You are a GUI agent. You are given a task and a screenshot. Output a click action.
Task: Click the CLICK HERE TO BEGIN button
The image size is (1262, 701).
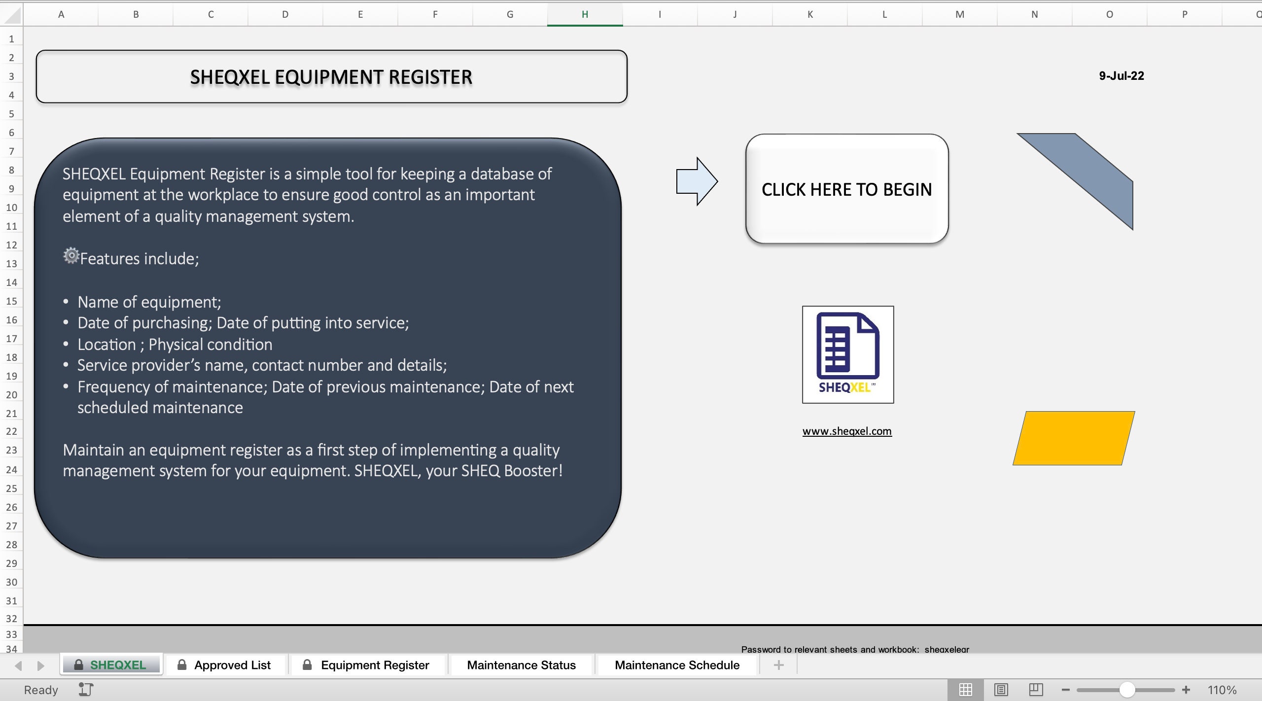pos(846,189)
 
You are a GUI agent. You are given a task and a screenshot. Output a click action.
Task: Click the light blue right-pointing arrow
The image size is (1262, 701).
pos(696,181)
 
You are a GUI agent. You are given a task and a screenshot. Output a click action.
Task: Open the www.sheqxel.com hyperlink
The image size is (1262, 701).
pos(846,431)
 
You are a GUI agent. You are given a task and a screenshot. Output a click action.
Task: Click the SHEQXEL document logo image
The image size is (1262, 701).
pos(847,354)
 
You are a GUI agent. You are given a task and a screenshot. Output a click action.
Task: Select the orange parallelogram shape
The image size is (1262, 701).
pos(1073,438)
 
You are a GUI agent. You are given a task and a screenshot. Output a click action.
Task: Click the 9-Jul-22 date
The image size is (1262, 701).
pos(1121,76)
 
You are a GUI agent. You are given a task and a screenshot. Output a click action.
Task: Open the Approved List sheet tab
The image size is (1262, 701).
pos(232,665)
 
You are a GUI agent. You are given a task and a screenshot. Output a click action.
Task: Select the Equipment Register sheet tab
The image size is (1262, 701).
pos(374,665)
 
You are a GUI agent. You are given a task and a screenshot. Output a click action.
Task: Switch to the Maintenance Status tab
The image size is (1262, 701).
pos(521,665)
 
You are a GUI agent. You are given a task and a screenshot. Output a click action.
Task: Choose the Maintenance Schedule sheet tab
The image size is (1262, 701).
pos(676,665)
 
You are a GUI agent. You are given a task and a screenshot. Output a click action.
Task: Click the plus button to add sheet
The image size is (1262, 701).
pos(778,665)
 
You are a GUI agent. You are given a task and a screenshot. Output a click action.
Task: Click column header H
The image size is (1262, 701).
pos(585,14)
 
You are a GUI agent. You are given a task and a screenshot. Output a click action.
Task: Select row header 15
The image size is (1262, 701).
pos(11,301)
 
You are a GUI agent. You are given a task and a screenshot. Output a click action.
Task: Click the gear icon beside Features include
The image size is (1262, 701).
pos(71,255)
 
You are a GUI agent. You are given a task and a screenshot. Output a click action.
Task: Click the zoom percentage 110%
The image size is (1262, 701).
pos(1222,690)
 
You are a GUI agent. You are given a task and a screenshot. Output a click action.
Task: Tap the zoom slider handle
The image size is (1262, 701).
pos(1127,690)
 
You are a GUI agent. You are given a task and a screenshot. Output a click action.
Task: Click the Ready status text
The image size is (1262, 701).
pos(41,690)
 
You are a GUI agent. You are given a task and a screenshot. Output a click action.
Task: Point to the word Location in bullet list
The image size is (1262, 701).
pos(106,345)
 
